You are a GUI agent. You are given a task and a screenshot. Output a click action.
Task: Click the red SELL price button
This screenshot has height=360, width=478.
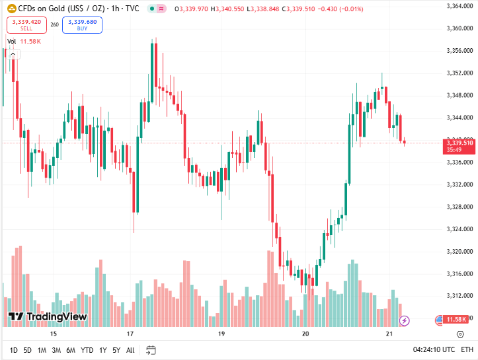tap(26, 25)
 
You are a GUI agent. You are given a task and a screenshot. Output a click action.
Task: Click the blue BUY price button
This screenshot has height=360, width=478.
tap(82, 25)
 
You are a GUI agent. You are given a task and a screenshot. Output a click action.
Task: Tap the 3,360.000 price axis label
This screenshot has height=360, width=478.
tap(458, 28)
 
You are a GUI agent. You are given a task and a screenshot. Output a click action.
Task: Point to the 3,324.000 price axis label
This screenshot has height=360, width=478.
tap(458, 229)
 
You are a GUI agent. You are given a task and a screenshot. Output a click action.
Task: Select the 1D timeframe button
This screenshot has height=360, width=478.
tap(13, 349)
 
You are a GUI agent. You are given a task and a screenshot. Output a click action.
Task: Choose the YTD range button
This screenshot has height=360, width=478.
tap(87, 349)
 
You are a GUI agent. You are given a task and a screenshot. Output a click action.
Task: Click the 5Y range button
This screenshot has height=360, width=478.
tap(116, 349)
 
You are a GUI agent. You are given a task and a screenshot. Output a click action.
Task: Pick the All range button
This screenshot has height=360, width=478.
tap(130, 349)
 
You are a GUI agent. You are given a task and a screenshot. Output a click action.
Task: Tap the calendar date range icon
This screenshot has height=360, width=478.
tap(151, 349)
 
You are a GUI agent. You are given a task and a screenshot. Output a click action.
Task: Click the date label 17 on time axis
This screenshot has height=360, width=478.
tap(130, 334)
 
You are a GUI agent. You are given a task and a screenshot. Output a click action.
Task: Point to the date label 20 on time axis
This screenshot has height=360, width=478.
tap(305, 334)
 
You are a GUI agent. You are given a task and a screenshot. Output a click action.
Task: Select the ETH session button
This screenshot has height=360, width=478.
tap(467, 349)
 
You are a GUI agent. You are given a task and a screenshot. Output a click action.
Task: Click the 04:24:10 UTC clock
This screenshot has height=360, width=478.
tap(434, 349)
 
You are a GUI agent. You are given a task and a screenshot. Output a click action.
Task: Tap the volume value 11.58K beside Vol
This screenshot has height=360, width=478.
tap(30, 41)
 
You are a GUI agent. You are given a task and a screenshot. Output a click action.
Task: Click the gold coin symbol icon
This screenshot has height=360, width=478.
tap(11, 8)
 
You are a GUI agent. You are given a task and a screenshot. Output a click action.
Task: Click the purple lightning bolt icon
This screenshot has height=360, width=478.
tap(405, 320)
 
